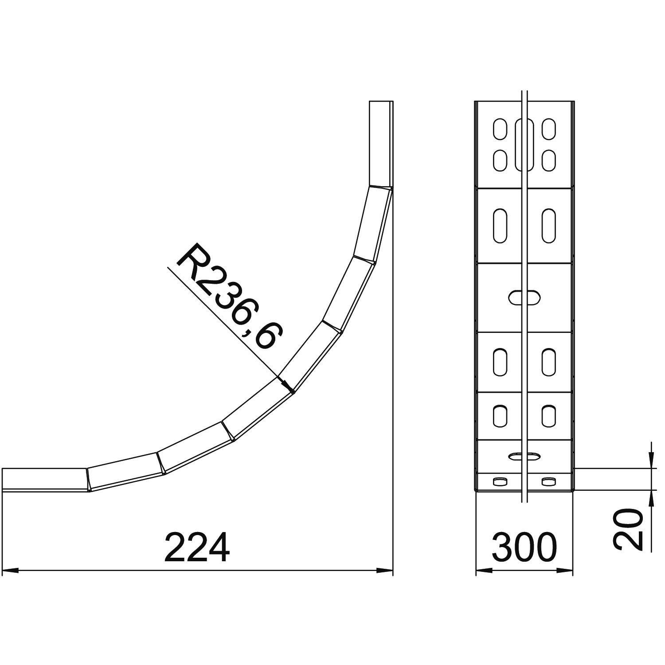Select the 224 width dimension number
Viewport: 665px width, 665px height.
click(197, 548)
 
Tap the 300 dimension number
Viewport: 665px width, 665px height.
click(524, 548)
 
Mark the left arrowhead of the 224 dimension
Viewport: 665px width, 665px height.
click(11, 570)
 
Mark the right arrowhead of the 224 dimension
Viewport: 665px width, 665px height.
click(384, 570)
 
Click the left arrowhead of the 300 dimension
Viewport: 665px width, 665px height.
click(484, 570)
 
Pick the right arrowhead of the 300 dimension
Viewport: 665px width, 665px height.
click(564, 570)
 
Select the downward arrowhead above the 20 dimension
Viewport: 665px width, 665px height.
click(651, 460)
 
